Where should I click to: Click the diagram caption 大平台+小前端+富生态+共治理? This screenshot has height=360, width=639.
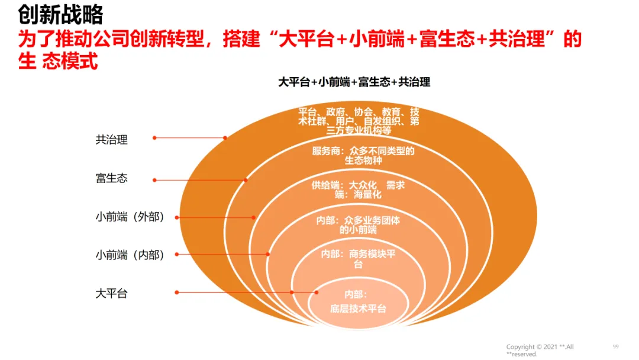click(x=354, y=83)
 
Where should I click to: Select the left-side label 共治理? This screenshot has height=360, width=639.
click(x=112, y=140)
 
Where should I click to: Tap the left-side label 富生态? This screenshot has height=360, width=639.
click(x=112, y=178)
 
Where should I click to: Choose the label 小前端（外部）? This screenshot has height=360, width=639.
click(x=130, y=217)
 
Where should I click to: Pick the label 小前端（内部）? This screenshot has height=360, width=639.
click(x=130, y=255)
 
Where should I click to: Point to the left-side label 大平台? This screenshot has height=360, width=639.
click(x=112, y=293)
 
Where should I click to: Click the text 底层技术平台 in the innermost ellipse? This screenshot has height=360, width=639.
click(x=358, y=308)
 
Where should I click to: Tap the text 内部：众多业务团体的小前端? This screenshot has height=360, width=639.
click(x=358, y=225)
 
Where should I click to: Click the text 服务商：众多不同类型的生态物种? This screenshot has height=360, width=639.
click(x=363, y=156)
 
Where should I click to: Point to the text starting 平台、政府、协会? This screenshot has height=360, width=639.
click(x=359, y=121)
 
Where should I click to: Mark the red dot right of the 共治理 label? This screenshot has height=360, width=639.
click(x=154, y=138)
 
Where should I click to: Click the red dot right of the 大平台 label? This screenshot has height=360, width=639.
click(x=177, y=292)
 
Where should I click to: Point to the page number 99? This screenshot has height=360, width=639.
click(x=615, y=346)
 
